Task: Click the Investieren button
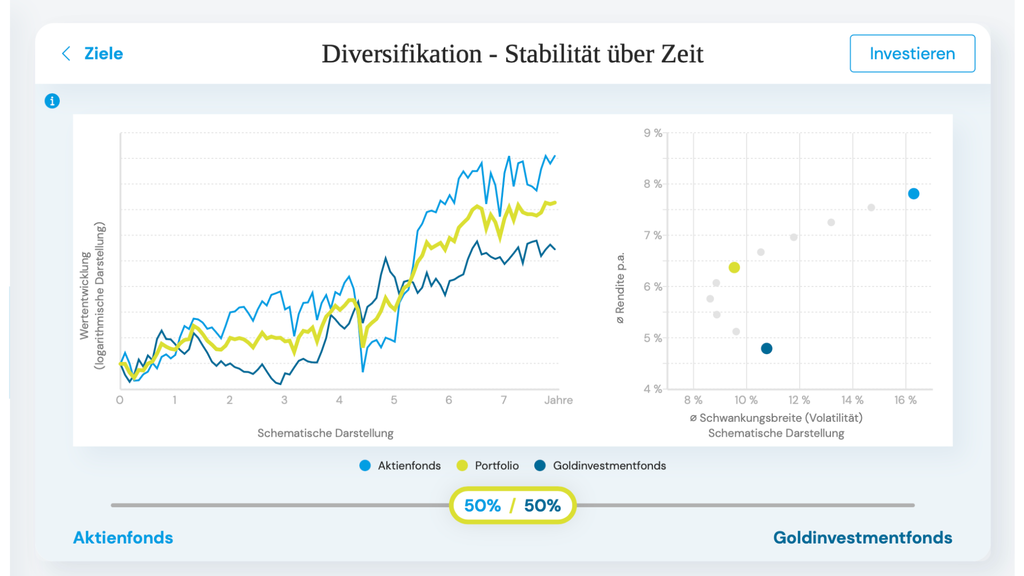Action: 912,53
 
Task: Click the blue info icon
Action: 52,101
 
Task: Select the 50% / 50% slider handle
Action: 512,505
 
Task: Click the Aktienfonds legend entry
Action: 401,466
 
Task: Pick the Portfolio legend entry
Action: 488,466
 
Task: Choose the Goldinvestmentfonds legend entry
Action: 601,466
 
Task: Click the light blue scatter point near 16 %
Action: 914,194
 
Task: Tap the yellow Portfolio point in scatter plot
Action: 734,267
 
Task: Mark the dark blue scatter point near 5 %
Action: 766,348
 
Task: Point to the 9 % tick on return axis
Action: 653,133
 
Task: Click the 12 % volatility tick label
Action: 799,400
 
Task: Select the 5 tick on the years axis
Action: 394,400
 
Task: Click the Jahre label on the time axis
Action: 558,400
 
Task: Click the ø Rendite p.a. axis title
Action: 620,288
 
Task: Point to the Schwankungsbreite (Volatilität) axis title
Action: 776,418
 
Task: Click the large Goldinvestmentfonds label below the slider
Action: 862,538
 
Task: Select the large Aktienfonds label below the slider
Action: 123,538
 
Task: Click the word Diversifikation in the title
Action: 402,54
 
